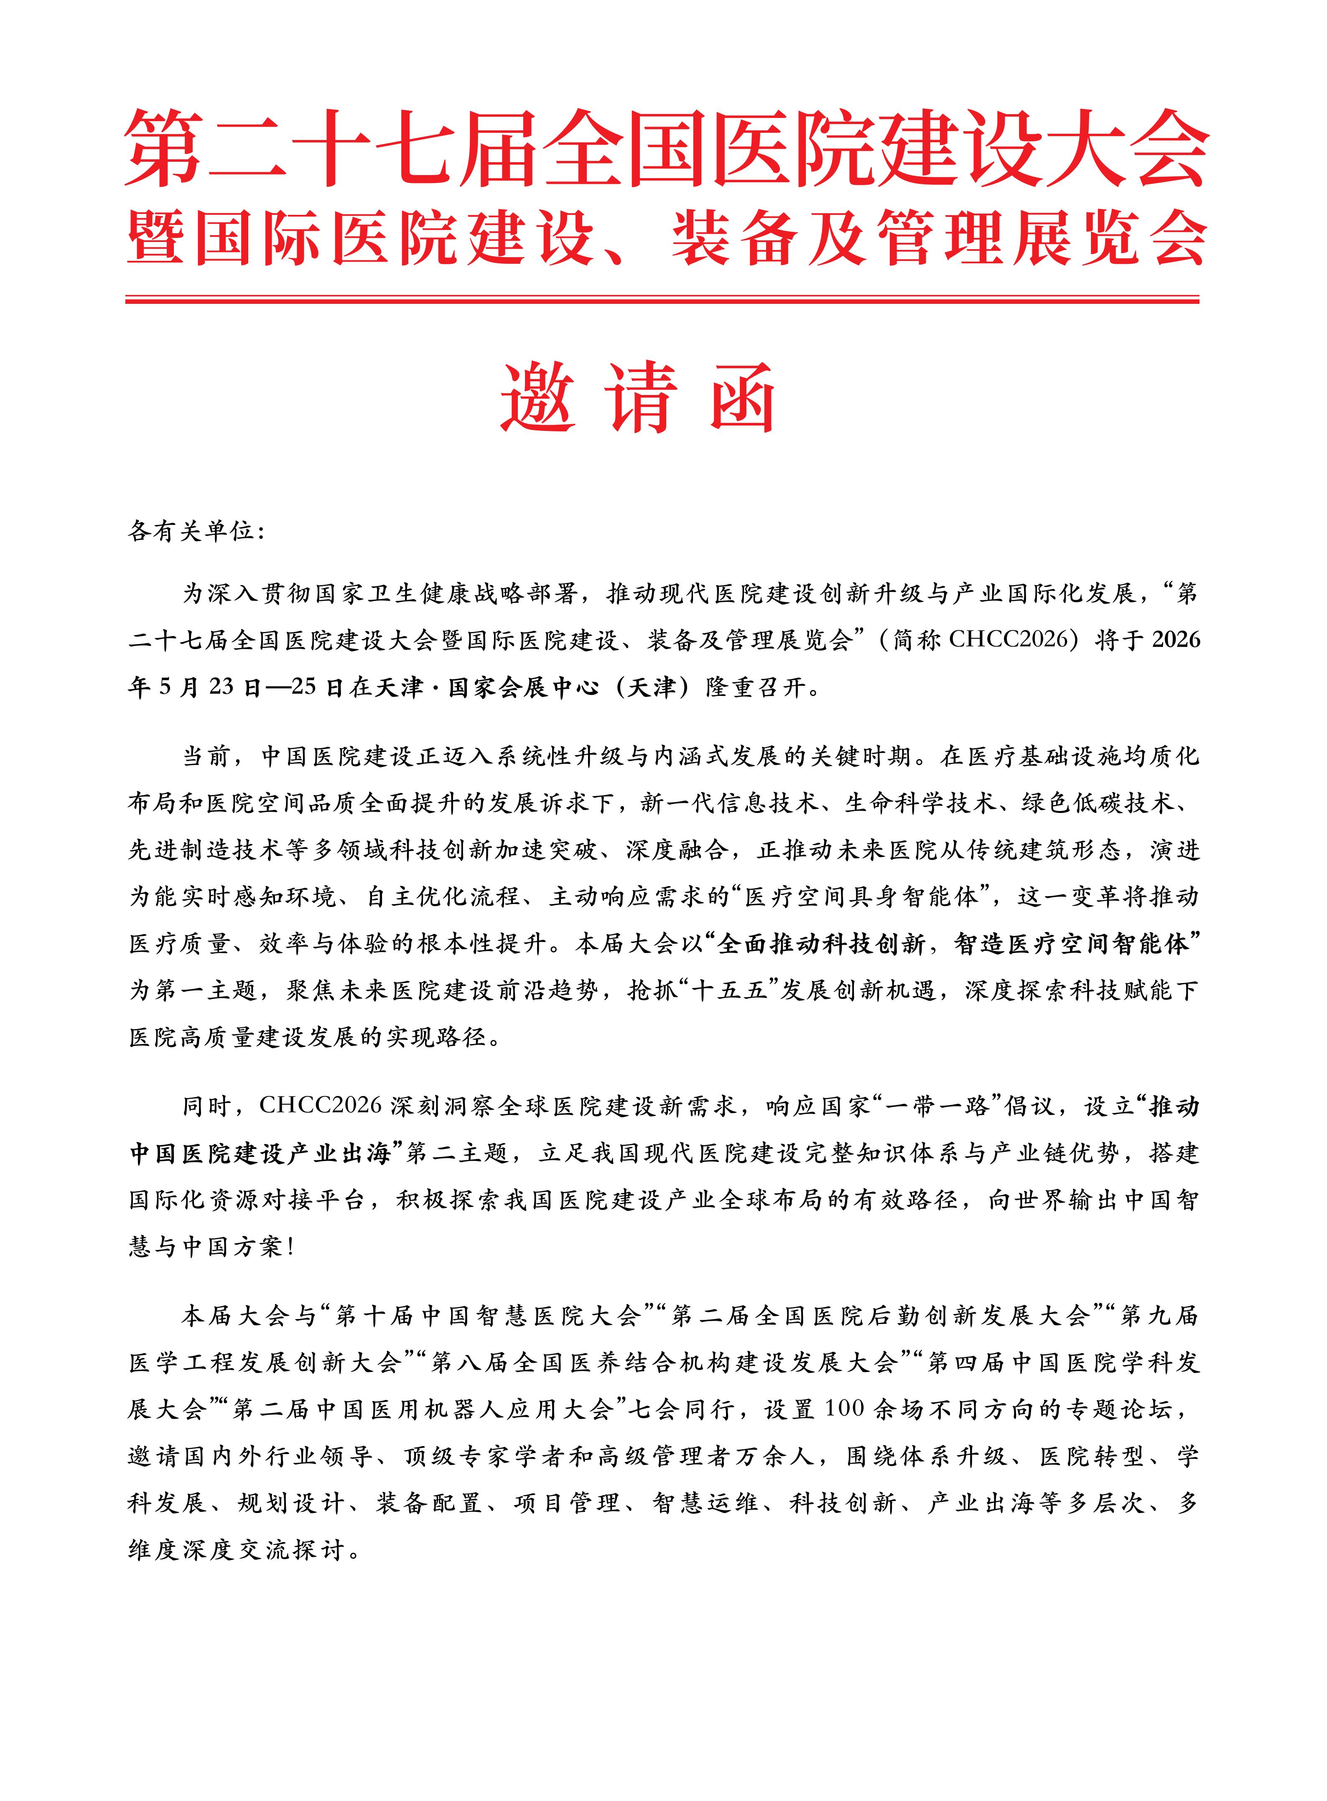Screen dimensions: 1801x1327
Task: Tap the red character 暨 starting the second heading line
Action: click(x=158, y=239)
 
